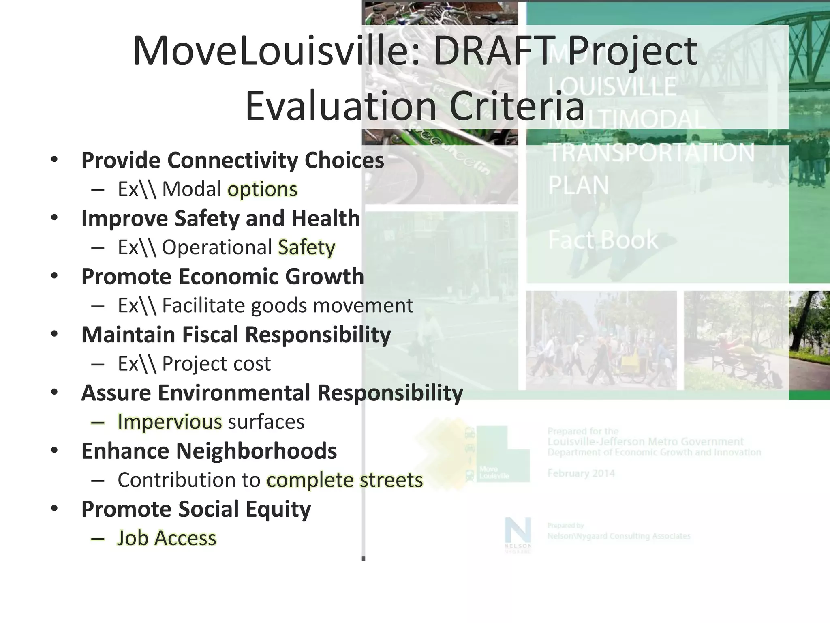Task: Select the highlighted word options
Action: point(263,189)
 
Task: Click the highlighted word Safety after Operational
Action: point(307,247)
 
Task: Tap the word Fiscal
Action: point(210,335)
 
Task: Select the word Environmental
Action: point(234,393)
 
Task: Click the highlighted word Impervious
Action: point(170,422)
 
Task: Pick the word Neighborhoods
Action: point(256,451)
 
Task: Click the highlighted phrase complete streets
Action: point(345,480)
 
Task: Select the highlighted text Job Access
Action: point(167,538)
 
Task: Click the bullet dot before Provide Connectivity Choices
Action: point(54,159)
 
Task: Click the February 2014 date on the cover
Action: point(581,473)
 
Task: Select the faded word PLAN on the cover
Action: point(578,185)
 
